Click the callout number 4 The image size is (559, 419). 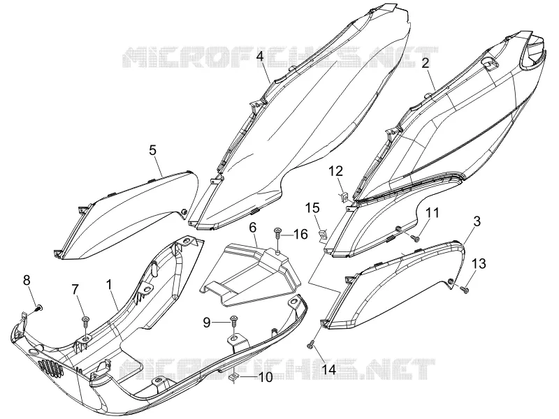[260, 57]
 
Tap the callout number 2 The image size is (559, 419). [426, 64]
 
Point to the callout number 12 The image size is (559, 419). [335, 172]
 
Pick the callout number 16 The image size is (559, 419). [300, 234]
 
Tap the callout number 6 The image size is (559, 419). [252, 227]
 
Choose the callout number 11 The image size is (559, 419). [433, 213]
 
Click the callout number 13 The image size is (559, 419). [479, 264]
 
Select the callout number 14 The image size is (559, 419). [328, 369]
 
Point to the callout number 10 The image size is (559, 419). [266, 376]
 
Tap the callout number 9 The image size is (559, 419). [207, 323]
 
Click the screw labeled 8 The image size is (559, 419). [39, 308]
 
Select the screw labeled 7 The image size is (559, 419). [85, 322]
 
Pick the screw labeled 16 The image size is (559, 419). [277, 235]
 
